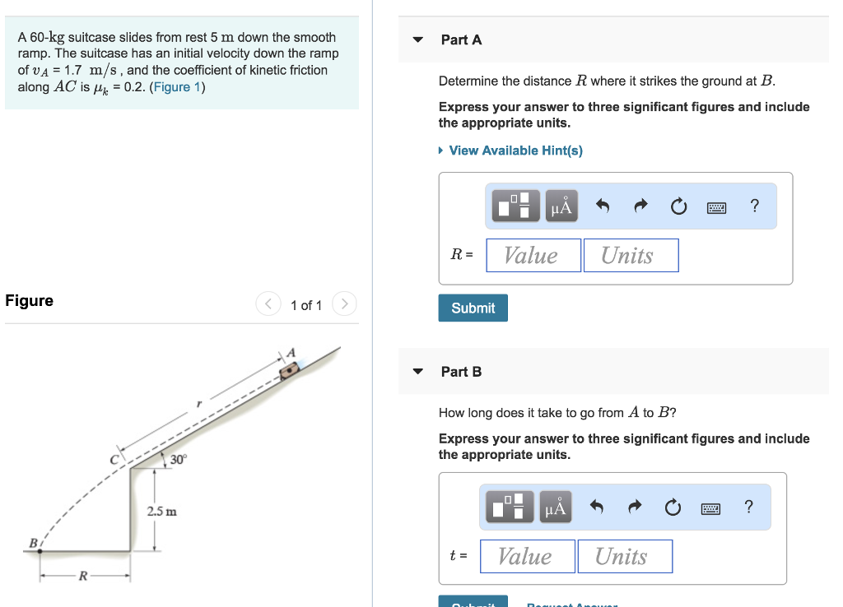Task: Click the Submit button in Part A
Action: tap(473, 308)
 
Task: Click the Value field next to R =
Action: tap(533, 255)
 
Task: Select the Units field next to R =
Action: tap(631, 255)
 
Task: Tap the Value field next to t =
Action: tap(527, 556)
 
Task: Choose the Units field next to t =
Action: tap(624, 556)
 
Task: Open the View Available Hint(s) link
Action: tap(515, 151)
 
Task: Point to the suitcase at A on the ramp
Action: tap(289, 370)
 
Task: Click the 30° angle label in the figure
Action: tap(178, 460)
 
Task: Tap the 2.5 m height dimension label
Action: tap(161, 512)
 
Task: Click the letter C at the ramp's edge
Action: tap(116, 460)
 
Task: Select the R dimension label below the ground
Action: tap(82, 576)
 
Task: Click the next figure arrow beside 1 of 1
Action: tap(344, 304)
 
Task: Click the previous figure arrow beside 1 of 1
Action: tap(268, 304)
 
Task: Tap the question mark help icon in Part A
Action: tap(755, 206)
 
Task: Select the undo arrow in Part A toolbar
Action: tap(602, 206)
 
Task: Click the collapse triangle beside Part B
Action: tap(418, 372)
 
